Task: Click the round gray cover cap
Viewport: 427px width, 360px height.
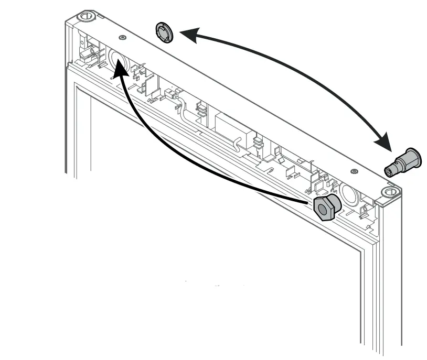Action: [165, 32]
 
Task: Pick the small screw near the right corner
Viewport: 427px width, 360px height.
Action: [354, 171]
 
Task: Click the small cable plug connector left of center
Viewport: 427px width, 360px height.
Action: [169, 95]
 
